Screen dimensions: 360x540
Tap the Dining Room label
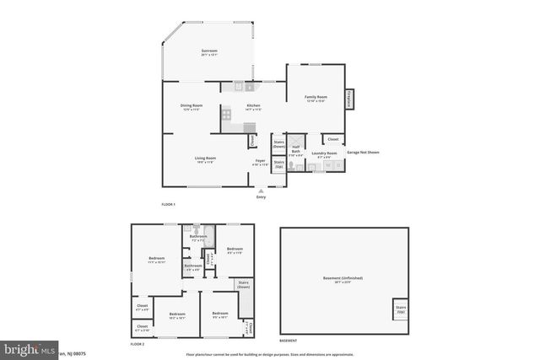click(192, 106)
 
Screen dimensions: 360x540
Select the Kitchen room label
click(252, 106)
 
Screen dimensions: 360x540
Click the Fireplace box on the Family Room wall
click(348, 99)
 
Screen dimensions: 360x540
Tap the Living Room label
click(206, 159)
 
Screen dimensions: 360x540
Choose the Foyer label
click(261, 162)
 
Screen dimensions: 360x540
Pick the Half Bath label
click(295, 152)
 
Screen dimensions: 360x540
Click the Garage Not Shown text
click(363, 153)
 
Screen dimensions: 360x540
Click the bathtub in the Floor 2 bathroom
click(210, 237)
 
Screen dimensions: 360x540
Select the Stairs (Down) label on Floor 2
click(244, 284)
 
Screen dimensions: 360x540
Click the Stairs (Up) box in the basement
click(401, 309)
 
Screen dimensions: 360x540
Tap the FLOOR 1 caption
click(169, 205)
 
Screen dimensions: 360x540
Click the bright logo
click(28, 348)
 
